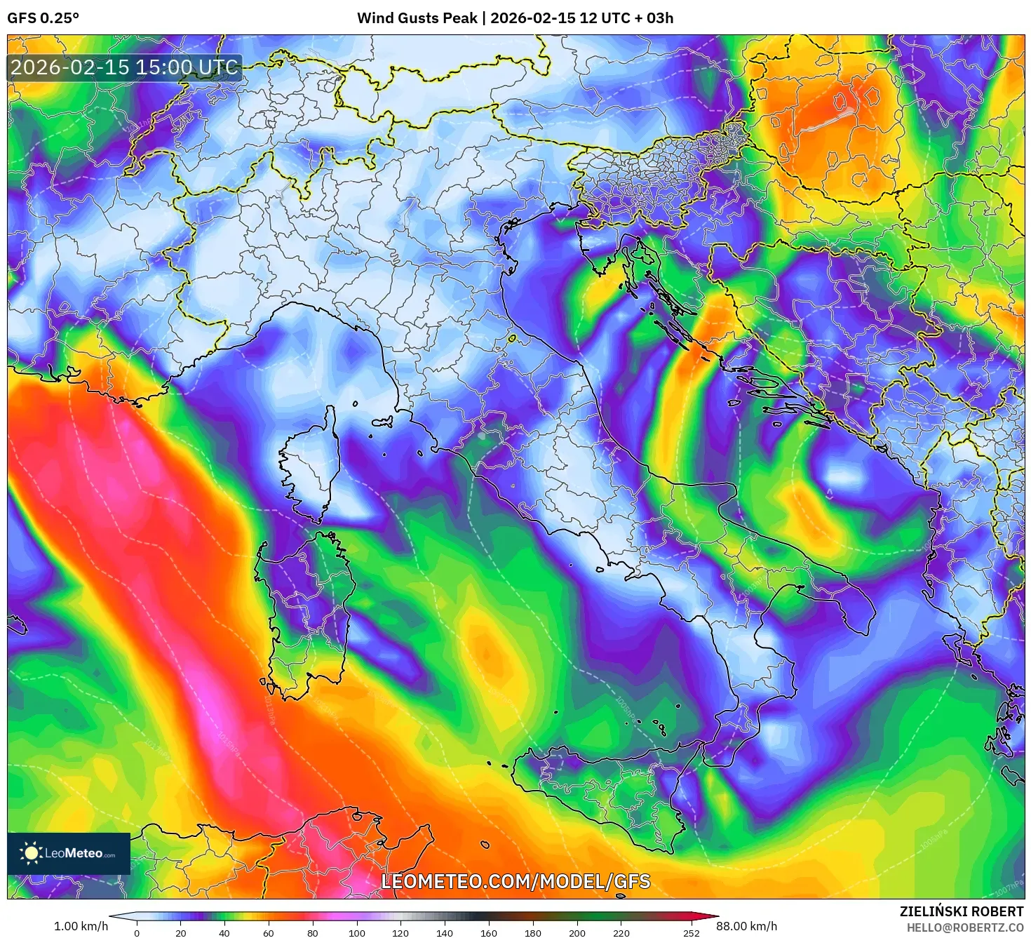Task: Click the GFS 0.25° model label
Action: click(x=43, y=18)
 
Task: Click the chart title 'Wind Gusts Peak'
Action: click(x=417, y=18)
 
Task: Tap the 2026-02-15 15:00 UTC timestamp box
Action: click(x=125, y=67)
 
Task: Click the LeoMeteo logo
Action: click(x=69, y=853)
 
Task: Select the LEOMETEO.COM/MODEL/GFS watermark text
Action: click(x=515, y=881)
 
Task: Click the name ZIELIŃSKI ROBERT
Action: click(x=962, y=911)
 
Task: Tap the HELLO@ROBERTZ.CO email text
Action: click(x=964, y=927)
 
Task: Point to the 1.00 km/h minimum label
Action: click(x=81, y=926)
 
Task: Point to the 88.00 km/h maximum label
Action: click(x=747, y=926)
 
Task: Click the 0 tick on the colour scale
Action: click(x=137, y=933)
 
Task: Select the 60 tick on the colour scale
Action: click(x=269, y=933)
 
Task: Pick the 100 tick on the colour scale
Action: click(x=357, y=933)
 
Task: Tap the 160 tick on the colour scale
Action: click(x=489, y=933)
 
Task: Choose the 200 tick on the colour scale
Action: click(x=577, y=933)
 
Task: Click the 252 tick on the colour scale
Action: click(x=692, y=933)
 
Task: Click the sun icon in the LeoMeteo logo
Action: click(x=31, y=853)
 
